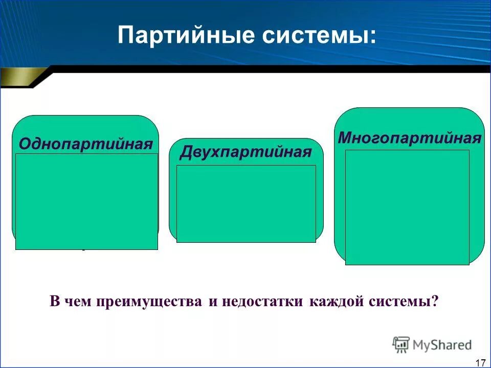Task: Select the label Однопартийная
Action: click(x=86, y=144)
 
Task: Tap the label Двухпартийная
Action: click(x=245, y=152)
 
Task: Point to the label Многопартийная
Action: click(x=410, y=137)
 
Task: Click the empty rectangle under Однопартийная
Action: click(x=86, y=201)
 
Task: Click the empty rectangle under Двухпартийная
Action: click(x=246, y=203)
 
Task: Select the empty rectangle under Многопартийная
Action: click(x=407, y=207)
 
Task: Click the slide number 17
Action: click(x=480, y=362)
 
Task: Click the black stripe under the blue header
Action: click(x=256, y=69)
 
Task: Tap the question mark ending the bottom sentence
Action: click(x=435, y=301)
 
